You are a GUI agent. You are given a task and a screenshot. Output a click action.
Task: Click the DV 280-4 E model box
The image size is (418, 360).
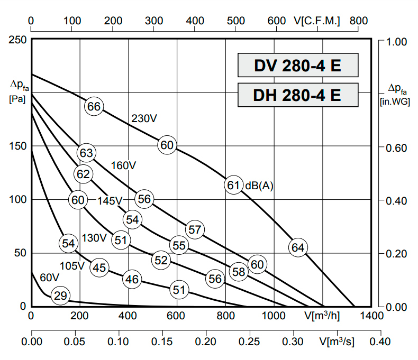tap(297, 66)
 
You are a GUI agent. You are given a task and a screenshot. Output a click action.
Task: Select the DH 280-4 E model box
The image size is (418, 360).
tap(297, 95)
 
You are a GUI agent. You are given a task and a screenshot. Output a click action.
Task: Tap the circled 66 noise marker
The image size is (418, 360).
tap(94, 107)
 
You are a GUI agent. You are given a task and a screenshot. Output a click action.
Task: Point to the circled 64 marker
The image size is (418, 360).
tap(298, 247)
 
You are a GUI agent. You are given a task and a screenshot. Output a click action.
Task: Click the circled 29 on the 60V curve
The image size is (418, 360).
tap(61, 296)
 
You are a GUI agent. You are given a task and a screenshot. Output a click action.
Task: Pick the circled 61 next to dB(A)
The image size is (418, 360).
tap(233, 185)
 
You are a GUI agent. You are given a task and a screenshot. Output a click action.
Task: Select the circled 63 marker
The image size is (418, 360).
tap(86, 153)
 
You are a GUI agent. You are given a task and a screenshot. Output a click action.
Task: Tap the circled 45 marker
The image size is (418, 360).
tap(99, 267)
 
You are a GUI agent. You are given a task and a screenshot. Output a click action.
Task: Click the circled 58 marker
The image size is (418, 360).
tap(239, 272)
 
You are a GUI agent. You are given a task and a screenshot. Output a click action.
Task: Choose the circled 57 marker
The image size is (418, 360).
tap(195, 229)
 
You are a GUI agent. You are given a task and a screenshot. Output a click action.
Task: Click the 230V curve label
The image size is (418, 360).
tap(144, 119)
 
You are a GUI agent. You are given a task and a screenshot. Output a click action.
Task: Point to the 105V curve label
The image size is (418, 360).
tap(72, 265)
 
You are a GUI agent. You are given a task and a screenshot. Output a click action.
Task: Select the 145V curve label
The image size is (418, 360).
tap(110, 201)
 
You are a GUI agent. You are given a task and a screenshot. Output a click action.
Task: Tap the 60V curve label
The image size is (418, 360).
tap(49, 278)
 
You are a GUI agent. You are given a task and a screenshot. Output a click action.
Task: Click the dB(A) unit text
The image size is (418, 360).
tap(259, 186)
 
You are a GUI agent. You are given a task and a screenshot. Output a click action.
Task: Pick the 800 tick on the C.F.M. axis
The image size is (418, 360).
tap(359, 21)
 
